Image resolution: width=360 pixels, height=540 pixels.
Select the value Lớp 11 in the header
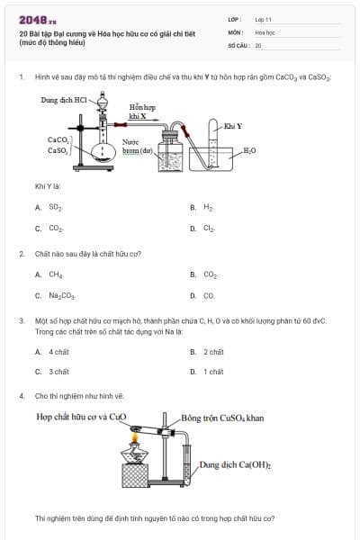tap(263, 19)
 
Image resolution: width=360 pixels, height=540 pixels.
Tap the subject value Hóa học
tap(264, 31)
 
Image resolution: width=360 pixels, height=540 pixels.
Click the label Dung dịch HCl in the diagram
tap(63, 100)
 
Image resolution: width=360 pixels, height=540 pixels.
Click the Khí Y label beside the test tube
tap(232, 126)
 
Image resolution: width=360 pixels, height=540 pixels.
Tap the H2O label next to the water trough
tap(249, 150)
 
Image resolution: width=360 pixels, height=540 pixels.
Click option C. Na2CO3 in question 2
tap(57, 295)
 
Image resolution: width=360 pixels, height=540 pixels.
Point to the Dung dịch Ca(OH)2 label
tap(235, 464)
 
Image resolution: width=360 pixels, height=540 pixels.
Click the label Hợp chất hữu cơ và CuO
tap(82, 418)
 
